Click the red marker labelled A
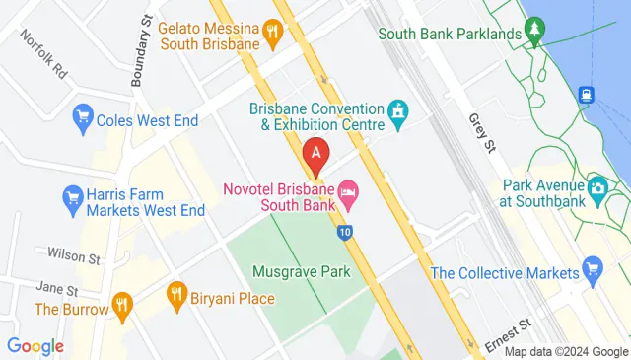[315, 153]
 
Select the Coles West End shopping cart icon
[82, 121]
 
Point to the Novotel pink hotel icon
[347, 189]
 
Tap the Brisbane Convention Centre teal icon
[398, 115]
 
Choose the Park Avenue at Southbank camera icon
[597, 186]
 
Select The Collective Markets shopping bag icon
[592, 267]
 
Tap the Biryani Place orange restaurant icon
[176, 292]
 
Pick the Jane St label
[57, 289]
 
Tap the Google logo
[35, 346]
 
